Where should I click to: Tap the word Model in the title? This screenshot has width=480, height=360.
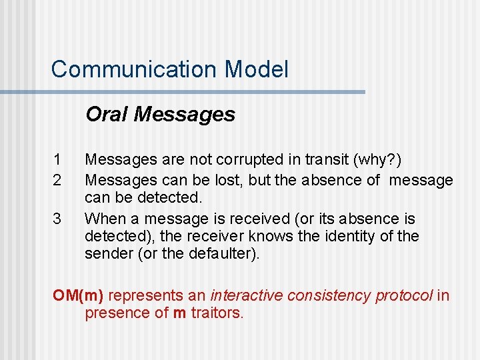pos(257,69)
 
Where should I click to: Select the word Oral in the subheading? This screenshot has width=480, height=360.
pos(107,115)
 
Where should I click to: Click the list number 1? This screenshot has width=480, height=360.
pos(57,161)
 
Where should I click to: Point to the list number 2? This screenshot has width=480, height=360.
pos(57,180)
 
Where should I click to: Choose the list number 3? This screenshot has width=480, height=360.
pos(57,218)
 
